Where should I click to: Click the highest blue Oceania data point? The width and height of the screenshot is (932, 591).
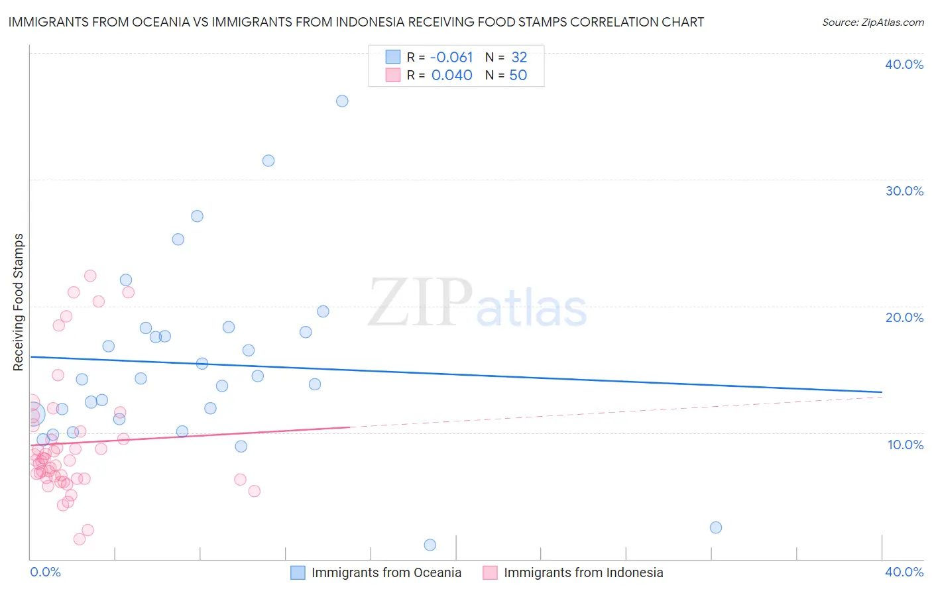(x=342, y=101)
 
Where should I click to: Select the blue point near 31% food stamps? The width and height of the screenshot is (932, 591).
(x=268, y=160)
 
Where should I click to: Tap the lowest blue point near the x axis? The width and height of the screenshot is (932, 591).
(x=430, y=545)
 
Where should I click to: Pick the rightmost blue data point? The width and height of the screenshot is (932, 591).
(x=716, y=527)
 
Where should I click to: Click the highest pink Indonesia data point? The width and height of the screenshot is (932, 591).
(x=91, y=276)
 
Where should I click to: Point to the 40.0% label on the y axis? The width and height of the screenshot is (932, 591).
(x=904, y=64)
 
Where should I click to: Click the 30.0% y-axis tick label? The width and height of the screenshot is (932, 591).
(x=904, y=191)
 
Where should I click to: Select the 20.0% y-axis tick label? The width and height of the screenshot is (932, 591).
(x=904, y=317)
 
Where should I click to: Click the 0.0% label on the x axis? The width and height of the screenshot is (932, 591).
(x=45, y=572)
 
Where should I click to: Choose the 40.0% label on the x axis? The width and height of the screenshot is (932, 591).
(x=904, y=572)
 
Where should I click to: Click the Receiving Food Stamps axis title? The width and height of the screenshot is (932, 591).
(x=19, y=302)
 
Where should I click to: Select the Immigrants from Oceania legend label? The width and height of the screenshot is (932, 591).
(x=386, y=572)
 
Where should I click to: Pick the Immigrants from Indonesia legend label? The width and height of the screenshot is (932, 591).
(x=583, y=572)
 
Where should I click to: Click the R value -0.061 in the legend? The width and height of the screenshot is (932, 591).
(x=451, y=58)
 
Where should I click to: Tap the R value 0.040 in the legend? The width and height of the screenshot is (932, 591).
(x=451, y=76)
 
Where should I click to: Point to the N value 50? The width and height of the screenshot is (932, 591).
(x=518, y=76)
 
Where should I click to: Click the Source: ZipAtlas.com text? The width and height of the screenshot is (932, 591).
(x=873, y=23)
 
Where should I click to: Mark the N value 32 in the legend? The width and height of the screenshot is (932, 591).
(x=519, y=58)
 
